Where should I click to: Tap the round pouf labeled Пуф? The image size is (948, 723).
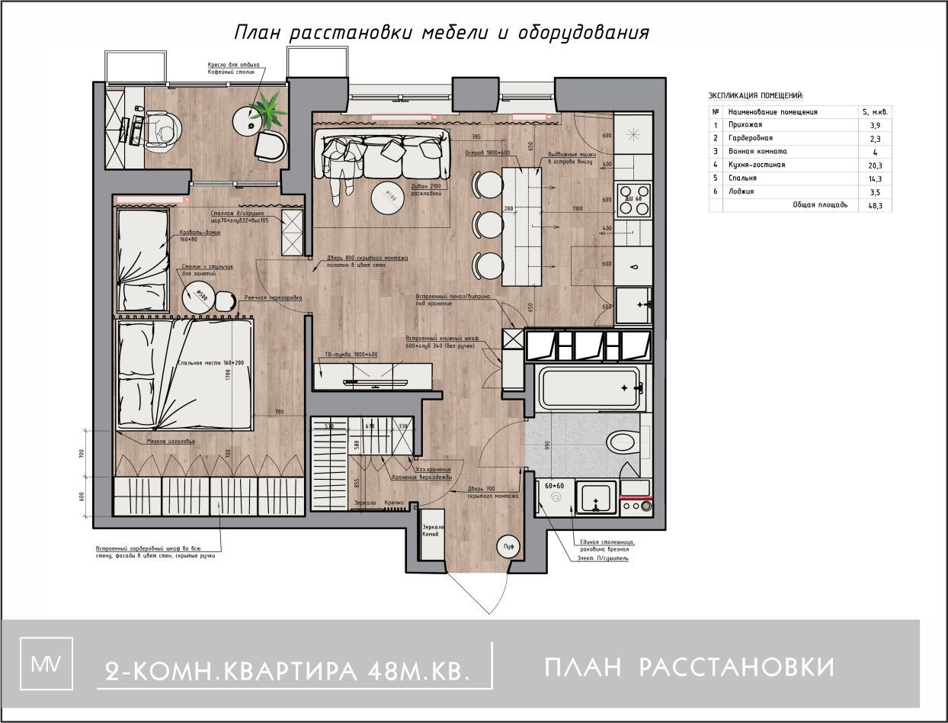[508, 545]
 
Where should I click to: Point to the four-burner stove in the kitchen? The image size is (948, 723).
[633, 198]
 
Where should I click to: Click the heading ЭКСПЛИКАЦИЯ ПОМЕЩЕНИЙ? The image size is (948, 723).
[756, 96]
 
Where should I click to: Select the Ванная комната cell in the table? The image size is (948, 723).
[763, 151]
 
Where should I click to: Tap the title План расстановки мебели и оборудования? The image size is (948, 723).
[441, 34]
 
